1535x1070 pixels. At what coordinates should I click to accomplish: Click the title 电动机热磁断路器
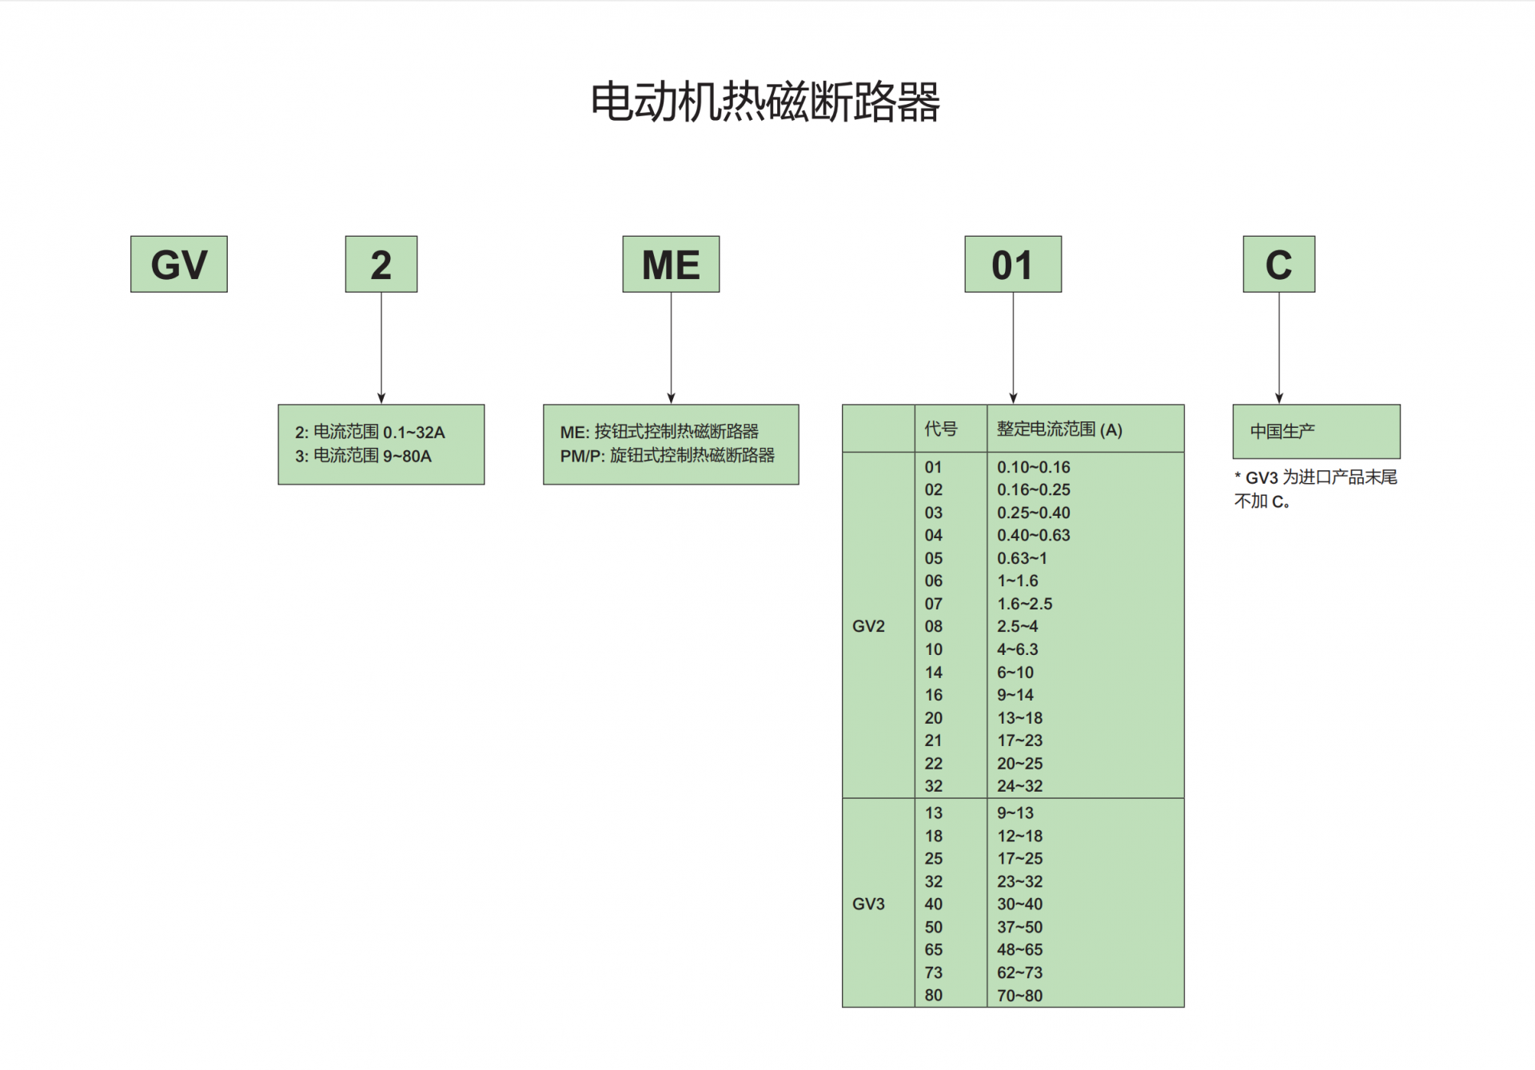765,102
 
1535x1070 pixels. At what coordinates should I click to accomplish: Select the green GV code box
179,264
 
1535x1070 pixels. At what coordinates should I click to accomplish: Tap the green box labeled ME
671,264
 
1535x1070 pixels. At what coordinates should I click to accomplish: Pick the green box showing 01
1013,264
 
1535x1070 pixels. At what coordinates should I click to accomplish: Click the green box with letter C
1278,264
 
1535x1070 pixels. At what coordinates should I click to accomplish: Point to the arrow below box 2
381,348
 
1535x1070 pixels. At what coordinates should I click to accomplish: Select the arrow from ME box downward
671,348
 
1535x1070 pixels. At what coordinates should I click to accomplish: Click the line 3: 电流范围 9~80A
363,456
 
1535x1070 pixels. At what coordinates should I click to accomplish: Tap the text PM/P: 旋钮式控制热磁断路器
667,455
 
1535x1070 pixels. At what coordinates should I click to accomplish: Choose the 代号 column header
941,429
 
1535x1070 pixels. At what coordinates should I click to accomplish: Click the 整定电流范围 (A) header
1059,429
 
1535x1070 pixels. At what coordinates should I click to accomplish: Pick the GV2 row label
868,626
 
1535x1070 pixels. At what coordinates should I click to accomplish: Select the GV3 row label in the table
868,904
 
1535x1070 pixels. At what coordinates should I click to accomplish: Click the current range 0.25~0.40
1033,513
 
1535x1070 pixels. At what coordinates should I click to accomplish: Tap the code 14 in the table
934,673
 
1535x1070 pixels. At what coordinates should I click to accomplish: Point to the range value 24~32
1019,786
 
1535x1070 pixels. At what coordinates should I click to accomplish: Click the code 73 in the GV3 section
934,972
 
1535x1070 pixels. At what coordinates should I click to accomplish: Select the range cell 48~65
1019,950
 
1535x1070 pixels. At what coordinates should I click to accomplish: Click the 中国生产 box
1316,431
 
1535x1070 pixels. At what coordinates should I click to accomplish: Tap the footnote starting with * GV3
1315,489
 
